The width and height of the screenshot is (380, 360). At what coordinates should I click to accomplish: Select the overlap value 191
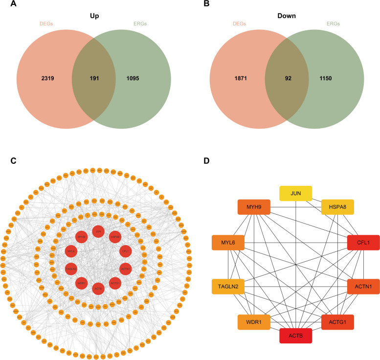click(x=93, y=78)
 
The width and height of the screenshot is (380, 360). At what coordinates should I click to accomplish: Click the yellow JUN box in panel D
click(x=296, y=194)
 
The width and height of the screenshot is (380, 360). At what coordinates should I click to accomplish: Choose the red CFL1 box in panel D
click(x=364, y=242)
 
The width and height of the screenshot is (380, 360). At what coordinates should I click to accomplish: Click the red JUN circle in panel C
click(x=98, y=231)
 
